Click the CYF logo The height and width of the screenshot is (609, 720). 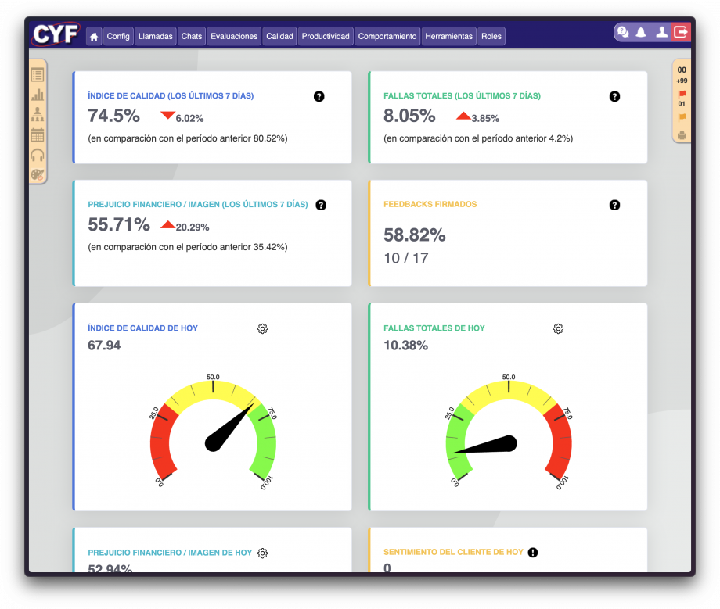click(x=56, y=34)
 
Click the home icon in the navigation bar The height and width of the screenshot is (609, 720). click(x=94, y=36)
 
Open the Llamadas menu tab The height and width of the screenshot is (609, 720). click(x=155, y=36)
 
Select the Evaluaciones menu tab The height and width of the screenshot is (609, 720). click(x=234, y=36)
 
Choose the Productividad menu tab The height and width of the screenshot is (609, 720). click(x=326, y=36)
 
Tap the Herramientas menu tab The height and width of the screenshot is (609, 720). click(x=448, y=36)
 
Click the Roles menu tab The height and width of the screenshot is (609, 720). click(x=491, y=36)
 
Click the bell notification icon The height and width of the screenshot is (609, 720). click(x=641, y=32)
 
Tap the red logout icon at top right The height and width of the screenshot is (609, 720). click(x=681, y=32)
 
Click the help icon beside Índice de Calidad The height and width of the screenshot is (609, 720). click(x=319, y=96)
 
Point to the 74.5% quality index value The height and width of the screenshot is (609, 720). click(x=113, y=116)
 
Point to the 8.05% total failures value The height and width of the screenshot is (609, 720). click(x=409, y=116)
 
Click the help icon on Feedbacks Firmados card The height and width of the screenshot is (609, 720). click(x=614, y=205)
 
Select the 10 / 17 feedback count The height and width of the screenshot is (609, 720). click(x=405, y=258)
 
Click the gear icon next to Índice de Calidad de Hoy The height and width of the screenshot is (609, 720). click(x=262, y=328)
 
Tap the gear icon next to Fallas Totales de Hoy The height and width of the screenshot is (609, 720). click(x=558, y=328)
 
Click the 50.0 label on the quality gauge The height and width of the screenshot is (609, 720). click(x=213, y=377)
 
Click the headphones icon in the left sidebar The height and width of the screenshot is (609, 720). click(x=37, y=155)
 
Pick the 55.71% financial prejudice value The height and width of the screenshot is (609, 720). click(x=118, y=225)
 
